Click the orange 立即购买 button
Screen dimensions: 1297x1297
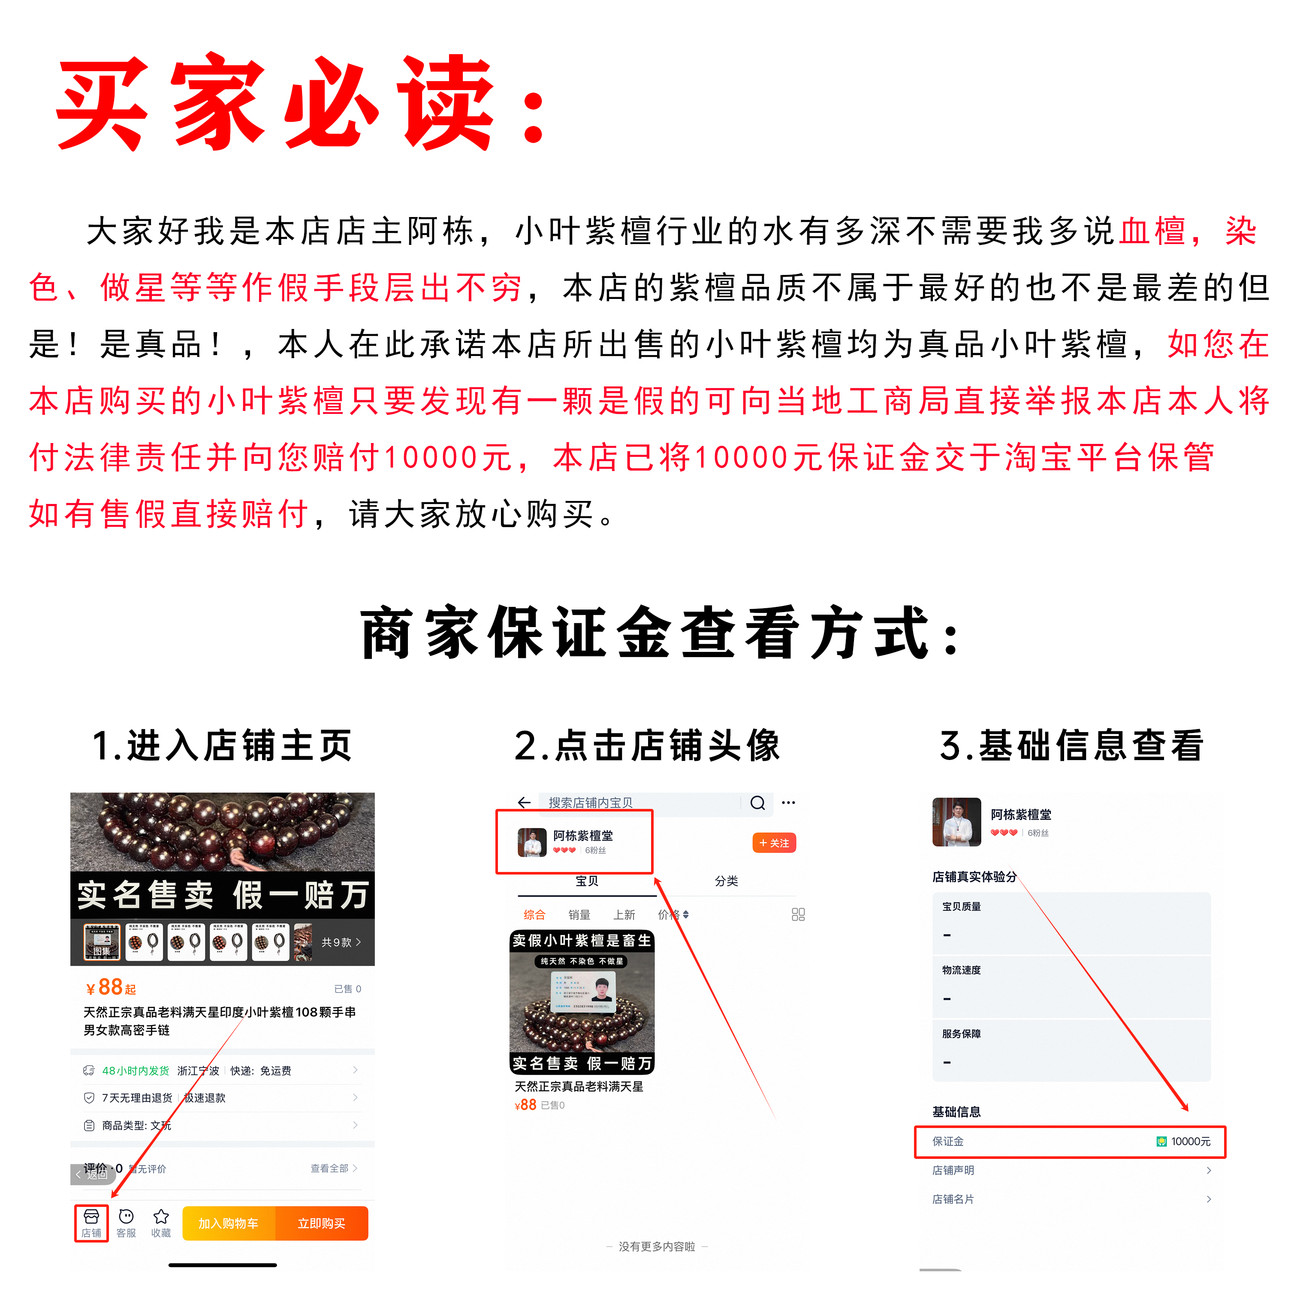(x=322, y=1223)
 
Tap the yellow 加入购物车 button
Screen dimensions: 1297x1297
(x=228, y=1223)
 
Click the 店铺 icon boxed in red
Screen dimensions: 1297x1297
(x=91, y=1223)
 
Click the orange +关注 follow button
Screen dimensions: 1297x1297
(x=774, y=843)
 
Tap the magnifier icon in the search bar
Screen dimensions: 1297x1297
(x=757, y=803)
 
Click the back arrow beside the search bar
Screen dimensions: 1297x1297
(x=524, y=803)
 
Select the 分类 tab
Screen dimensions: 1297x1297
(x=727, y=881)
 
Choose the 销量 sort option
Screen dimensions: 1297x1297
(x=579, y=914)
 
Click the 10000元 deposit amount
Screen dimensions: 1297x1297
(x=1190, y=1141)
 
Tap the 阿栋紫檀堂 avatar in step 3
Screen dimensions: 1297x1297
(x=956, y=822)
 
